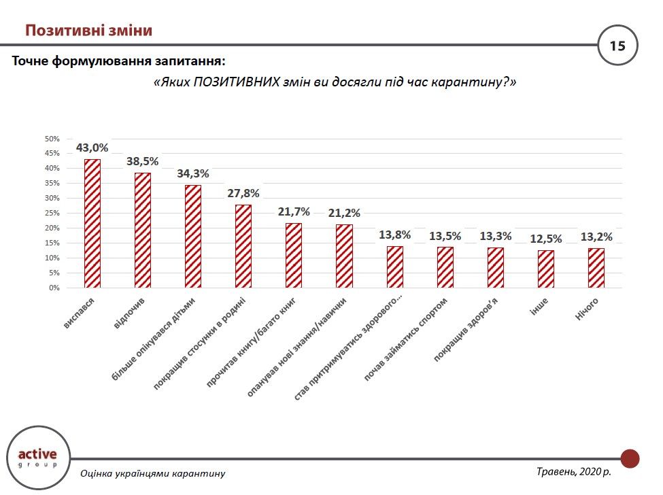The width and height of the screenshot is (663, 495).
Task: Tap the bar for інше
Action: pos(546,269)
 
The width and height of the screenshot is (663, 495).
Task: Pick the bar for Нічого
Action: pos(596,268)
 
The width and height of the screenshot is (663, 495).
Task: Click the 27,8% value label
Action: pos(243,193)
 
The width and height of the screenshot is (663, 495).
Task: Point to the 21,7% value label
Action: pos(294,211)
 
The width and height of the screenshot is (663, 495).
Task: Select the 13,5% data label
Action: pos(445,236)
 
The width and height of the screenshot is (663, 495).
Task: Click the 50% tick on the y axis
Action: pos(52,139)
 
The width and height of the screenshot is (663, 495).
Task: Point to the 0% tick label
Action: pos(54,288)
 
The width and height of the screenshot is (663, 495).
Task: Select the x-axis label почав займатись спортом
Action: pos(406,338)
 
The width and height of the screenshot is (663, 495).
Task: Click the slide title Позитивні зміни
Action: pos(88,31)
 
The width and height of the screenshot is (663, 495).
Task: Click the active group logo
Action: pos(37,457)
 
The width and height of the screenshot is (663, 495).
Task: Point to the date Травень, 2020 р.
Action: pos(573,471)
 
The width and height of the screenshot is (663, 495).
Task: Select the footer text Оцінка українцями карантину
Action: pos(152,473)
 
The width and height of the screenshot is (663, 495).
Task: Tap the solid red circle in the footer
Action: pos(630,458)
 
